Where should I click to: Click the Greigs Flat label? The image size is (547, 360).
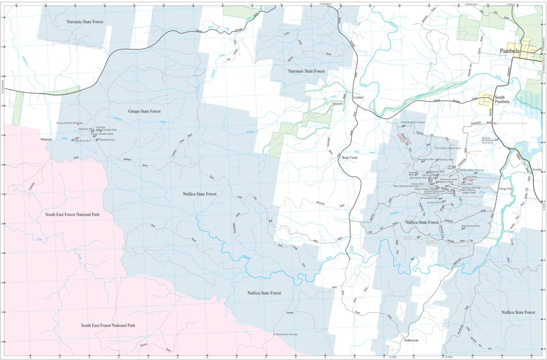coord(505,189)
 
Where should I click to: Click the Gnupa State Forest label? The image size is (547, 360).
coord(144,111)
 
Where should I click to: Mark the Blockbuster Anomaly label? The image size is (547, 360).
coord(286,334)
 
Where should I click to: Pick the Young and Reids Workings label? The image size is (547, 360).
coord(69,123)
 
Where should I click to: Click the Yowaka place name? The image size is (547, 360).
coord(537,169)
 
